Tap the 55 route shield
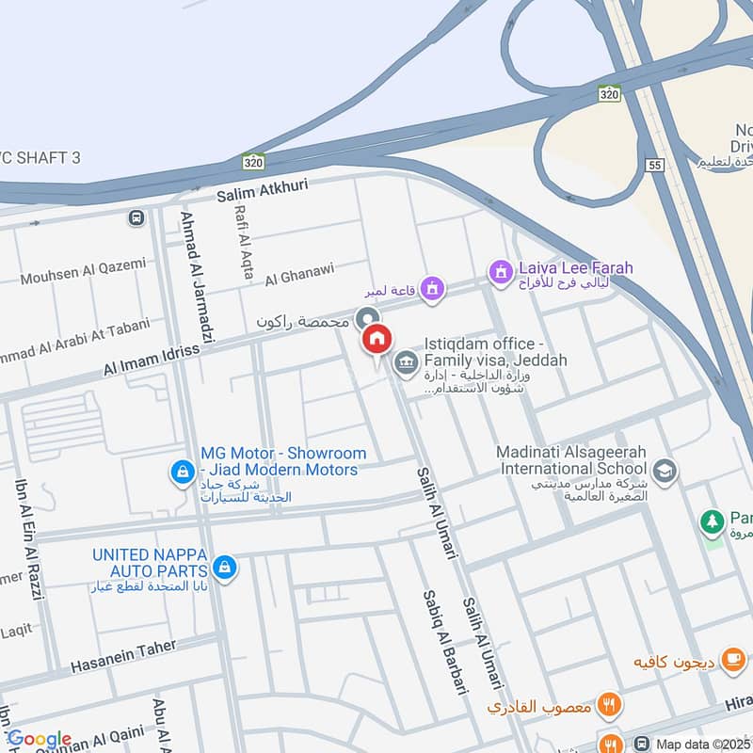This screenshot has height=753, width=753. click(x=656, y=166)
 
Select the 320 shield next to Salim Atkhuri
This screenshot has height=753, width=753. click(x=251, y=162)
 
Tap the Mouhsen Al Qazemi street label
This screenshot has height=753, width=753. click(x=84, y=271)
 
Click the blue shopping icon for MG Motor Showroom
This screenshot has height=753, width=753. click(x=181, y=472)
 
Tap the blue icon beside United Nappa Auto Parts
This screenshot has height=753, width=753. click(x=224, y=567)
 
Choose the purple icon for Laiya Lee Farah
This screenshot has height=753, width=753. click(x=500, y=272)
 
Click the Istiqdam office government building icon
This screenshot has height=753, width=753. click(x=406, y=362)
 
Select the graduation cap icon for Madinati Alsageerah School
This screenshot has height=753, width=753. click(x=665, y=471)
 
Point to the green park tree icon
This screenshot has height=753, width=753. click(x=712, y=521)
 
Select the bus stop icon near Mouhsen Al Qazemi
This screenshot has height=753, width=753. click(x=136, y=218)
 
